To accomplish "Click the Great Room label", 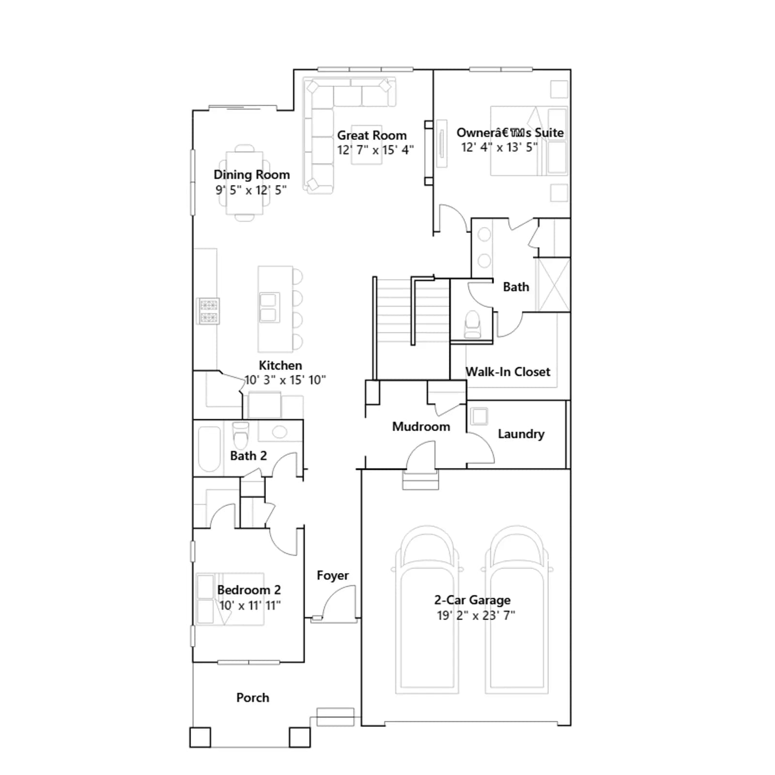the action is [372, 135].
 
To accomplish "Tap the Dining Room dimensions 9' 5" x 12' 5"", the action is [251, 190].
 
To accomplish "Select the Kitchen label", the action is [280, 365].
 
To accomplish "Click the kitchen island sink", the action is [269, 307].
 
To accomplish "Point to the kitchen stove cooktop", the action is [209, 311].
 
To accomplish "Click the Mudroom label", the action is [421, 426].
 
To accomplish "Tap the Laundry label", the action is [521, 434].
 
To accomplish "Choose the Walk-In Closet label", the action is [508, 372].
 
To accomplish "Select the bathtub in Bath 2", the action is [209, 449].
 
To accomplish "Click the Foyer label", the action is [333, 575].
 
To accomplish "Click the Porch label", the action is [252, 697].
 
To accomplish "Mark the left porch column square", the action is [200, 737].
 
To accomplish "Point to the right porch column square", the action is [300, 737].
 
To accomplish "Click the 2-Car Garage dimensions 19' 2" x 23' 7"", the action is [476, 615].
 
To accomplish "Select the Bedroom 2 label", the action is [249, 590].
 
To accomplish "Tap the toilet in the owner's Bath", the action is [472, 324].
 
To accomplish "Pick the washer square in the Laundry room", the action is [480, 416].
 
